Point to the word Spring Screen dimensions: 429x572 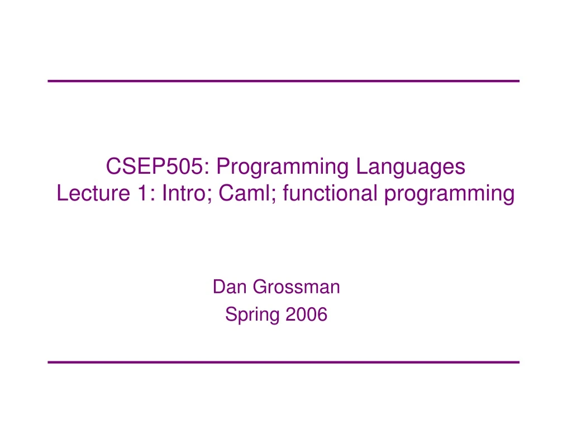point(252,316)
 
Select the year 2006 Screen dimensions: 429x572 point(306,315)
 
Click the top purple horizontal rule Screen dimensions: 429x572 point(284,81)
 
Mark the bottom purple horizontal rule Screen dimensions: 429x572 point(284,363)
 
